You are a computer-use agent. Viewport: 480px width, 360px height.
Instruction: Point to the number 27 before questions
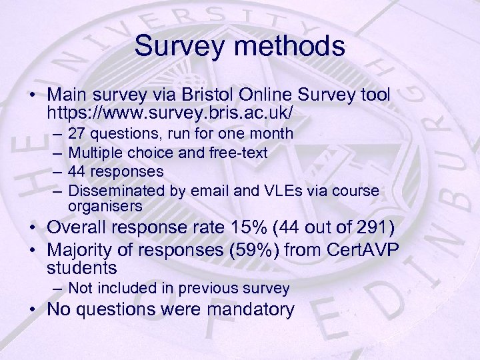[x=77, y=133]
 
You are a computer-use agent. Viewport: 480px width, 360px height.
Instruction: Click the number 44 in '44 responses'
[x=77, y=172]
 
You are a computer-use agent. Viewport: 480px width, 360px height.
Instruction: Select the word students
[x=82, y=268]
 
